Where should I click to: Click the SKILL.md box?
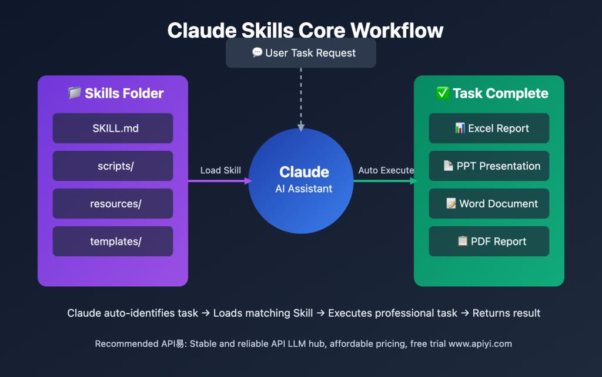[113, 128]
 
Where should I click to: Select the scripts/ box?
[113, 166]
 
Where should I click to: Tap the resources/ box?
[113, 204]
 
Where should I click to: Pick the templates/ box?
[113, 242]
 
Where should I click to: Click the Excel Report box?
[489, 128]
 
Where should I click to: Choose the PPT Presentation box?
[489, 166]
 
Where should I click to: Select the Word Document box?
[489, 204]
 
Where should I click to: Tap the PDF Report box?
[489, 242]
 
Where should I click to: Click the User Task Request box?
[301, 53]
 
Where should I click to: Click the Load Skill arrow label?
[220, 170]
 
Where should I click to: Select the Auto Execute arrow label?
[386, 170]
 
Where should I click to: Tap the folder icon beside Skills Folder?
[74, 93]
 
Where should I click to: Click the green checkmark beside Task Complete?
[443, 93]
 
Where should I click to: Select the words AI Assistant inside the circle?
[304, 189]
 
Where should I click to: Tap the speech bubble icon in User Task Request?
[257, 53]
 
